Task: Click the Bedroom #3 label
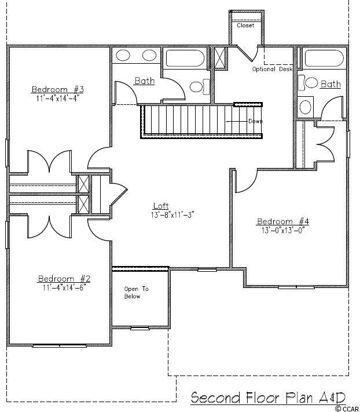pyautogui.click(x=58, y=89)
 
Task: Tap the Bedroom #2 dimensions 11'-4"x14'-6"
pyautogui.click(x=65, y=288)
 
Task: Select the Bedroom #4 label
pyautogui.click(x=283, y=221)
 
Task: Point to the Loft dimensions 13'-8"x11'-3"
pyautogui.click(x=172, y=215)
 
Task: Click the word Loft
pyautogui.click(x=161, y=206)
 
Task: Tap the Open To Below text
pyautogui.click(x=136, y=293)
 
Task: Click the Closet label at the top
pyautogui.click(x=245, y=25)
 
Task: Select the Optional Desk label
pyautogui.click(x=272, y=69)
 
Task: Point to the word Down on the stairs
pyautogui.click(x=256, y=121)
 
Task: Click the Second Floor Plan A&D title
pyautogui.click(x=268, y=398)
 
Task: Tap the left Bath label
pyautogui.click(x=145, y=81)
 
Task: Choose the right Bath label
pyautogui.click(x=331, y=84)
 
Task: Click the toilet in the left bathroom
pyautogui.click(x=200, y=87)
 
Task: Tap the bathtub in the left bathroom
pyautogui.click(x=185, y=59)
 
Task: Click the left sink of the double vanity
pyautogui.click(x=123, y=56)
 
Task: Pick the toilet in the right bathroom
pyautogui.click(x=308, y=83)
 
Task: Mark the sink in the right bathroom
pyautogui.click(x=305, y=107)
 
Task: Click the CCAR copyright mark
pyautogui.click(x=348, y=409)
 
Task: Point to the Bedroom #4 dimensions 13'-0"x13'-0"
pyautogui.click(x=283, y=231)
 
